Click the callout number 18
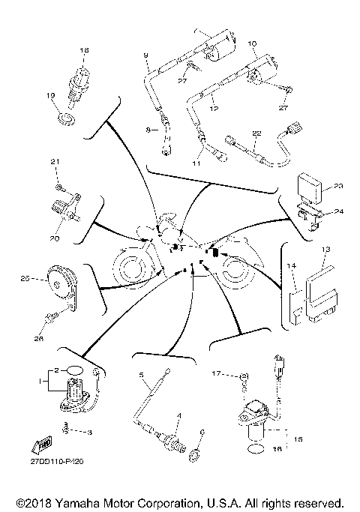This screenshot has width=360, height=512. pos(84,50)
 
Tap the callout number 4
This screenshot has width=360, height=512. pos(178,415)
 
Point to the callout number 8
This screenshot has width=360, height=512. pos(147,130)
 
